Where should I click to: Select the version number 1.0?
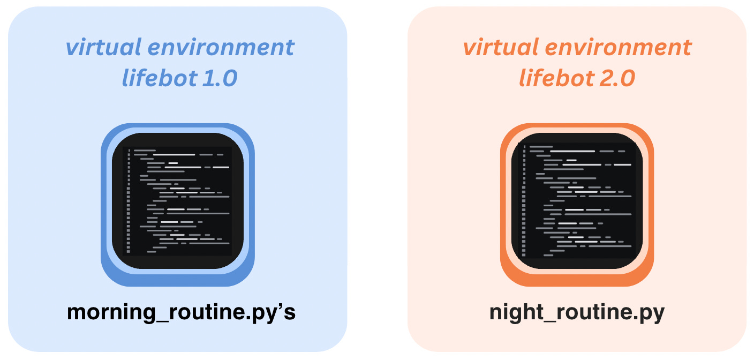click(x=220, y=79)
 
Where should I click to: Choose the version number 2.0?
click(x=617, y=79)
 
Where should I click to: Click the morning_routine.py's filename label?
click(x=181, y=312)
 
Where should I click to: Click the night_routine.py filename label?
click(x=577, y=312)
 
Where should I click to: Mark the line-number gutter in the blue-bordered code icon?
click(x=129, y=201)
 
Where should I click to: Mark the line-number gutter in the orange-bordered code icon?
click(x=524, y=201)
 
